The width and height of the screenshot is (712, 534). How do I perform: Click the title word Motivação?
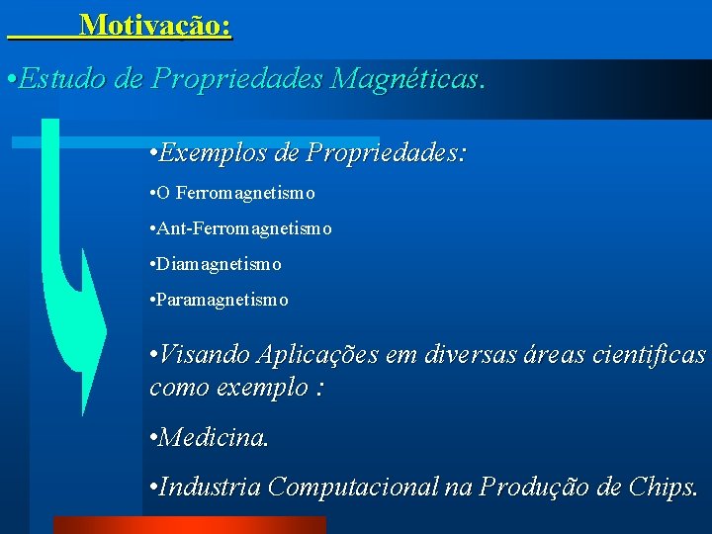tap(155, 24)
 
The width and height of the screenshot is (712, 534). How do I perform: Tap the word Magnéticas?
tap(406, 80)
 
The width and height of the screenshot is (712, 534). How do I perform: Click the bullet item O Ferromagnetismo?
tap(236, 192)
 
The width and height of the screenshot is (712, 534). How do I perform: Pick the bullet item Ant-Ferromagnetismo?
tap(244, 228)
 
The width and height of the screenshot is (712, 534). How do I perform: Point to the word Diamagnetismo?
tap(219, 264)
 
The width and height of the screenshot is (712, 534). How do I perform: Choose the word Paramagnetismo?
tap(222, 300)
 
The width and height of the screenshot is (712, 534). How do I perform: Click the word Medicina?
tap(213, 436)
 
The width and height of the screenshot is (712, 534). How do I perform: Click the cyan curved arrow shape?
tap(74, 297)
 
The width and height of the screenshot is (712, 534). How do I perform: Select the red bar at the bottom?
tap(188, 525)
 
